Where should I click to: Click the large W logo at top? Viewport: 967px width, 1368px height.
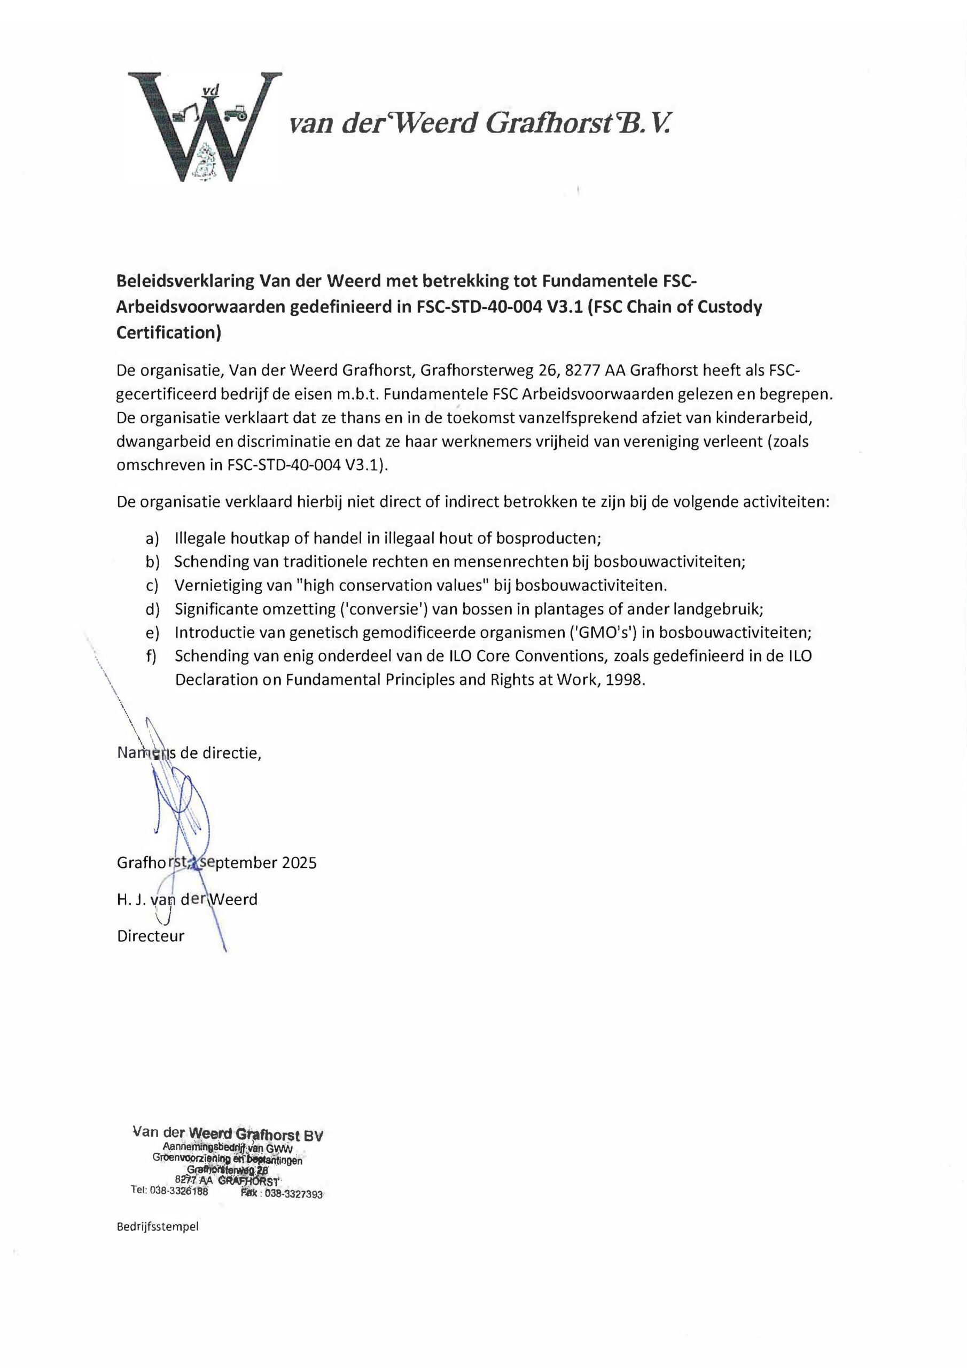coord(205,126)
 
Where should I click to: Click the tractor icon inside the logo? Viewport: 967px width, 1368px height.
coord(236,113)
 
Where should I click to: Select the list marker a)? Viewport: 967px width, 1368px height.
coord(152,539)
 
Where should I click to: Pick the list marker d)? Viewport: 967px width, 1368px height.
coord(152,609)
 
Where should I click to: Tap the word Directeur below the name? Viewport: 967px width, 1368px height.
coord(151,936)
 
